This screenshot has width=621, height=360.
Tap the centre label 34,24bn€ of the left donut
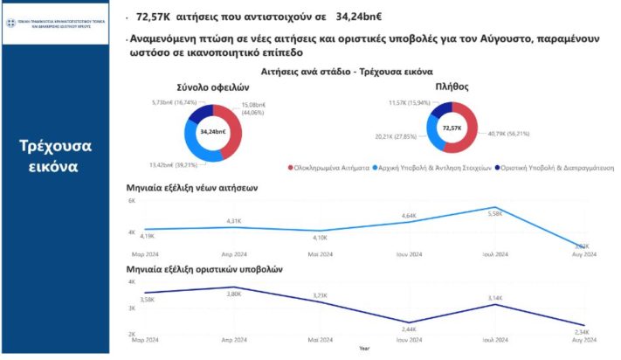point(213,132)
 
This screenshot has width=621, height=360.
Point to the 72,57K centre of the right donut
point(452,128)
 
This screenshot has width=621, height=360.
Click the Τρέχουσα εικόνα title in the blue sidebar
point(55,154)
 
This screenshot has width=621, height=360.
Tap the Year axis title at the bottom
point(362,349)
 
